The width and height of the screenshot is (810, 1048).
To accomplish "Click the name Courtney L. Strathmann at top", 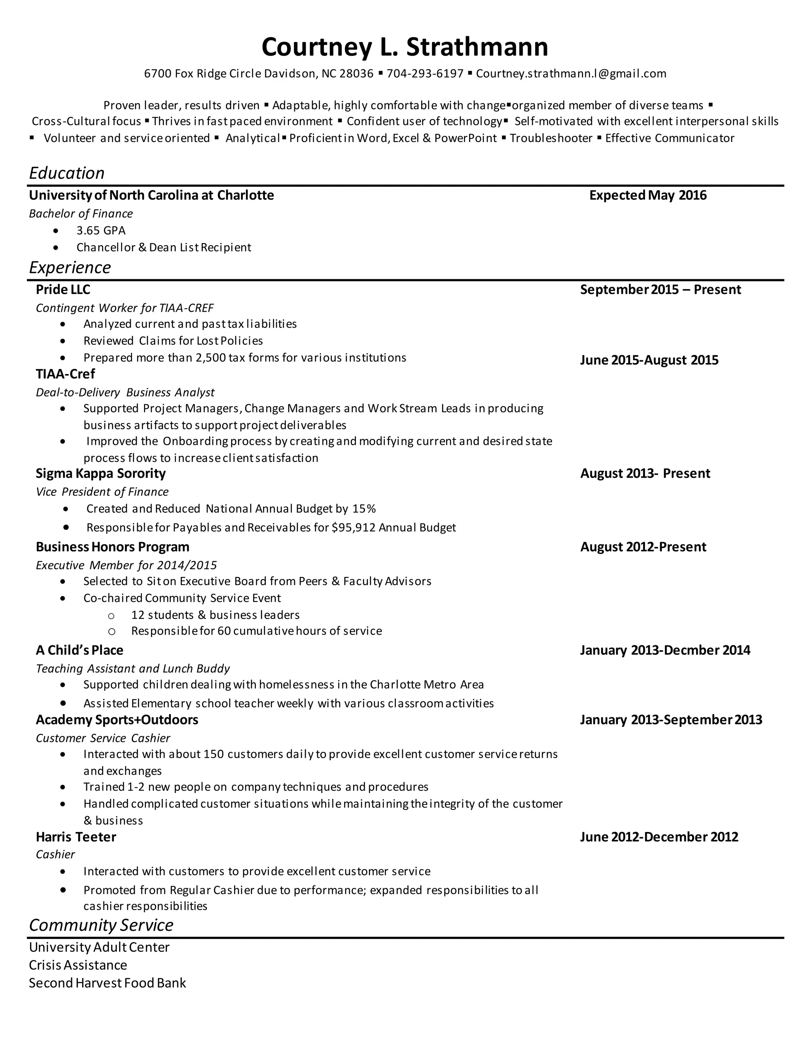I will pyautogui.click(x=405, y=47).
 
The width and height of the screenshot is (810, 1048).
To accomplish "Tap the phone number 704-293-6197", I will pyautogui.click(x=425, y=74).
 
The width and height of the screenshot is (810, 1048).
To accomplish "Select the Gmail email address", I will pyautogui.click(x=571, y=74).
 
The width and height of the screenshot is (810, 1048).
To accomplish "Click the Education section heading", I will pyautogui.click(x=67, y=173).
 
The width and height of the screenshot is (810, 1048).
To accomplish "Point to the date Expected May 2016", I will pyautogui.click(x=647, y=195).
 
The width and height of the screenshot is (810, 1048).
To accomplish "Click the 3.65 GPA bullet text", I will pyautogui.click(x=101, y=230).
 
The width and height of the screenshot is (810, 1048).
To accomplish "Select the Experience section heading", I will pyautogui.click(x=70, y=267).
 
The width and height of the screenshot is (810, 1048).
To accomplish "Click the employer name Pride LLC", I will pyautogui.click(x=63, y=289).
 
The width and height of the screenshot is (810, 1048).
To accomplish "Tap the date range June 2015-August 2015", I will pyautogui.click(x=649, y=360).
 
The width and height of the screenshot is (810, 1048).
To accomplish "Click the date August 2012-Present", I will pyautogui.click(x=643, y=547).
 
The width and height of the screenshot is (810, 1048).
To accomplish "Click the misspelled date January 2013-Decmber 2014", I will pyautogui.click(x=664, y=650).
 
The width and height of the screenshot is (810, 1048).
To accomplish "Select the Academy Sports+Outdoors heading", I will pyautogui.click(x=117, y=720).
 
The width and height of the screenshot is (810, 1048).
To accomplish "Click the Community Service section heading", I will pyautogui.click(x=101, y=925).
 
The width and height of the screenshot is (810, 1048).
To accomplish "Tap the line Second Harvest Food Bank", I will pyautogui.click(x=107, y=983).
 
